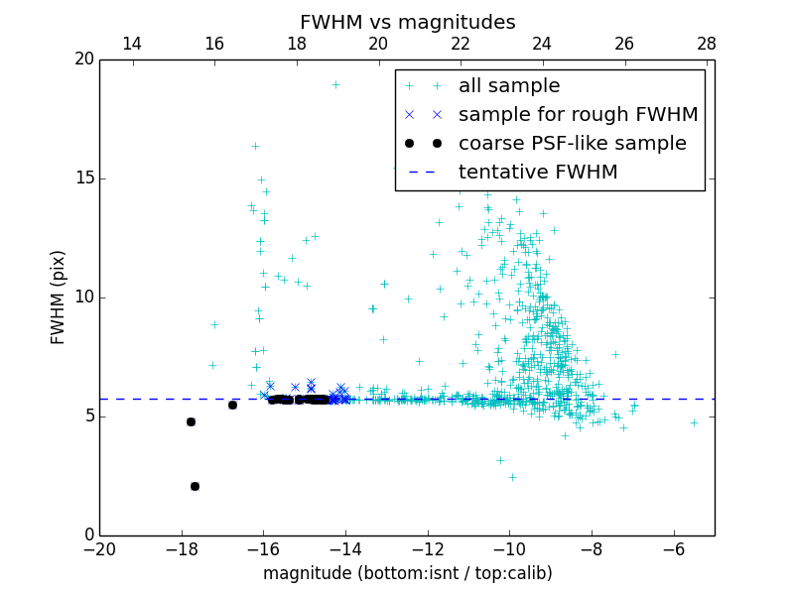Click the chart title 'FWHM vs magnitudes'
point(407,22)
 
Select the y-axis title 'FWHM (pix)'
point(59,297)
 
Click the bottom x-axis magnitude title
point(407,573)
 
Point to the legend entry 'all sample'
point(509,86)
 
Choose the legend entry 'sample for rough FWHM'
point(578,115)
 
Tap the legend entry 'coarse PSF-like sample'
point(572,144)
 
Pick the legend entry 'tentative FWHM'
point(538,173)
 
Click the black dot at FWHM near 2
point(195,486)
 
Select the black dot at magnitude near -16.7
point(232,405)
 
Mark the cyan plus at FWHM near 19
point(335,84)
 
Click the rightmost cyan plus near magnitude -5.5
point(694,422)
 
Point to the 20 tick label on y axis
point(83,59)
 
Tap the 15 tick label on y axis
point(83,178)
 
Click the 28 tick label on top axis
point(707,44)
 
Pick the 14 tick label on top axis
point(131,44)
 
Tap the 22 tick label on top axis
point(460,44)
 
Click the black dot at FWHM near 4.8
point(191,421)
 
